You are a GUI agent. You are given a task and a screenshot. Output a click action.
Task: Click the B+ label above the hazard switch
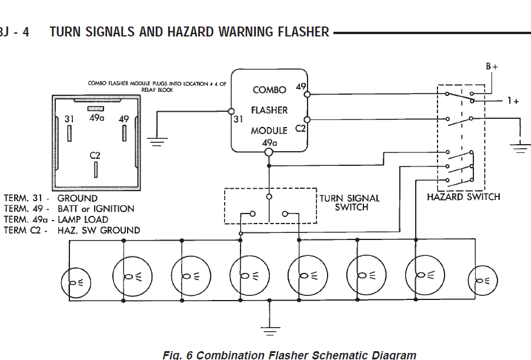(x=492, y=67)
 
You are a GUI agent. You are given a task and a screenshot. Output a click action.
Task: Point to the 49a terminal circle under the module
(x=269, y=153)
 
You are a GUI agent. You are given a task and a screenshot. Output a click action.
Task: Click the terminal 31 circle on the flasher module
(x=231, y=111)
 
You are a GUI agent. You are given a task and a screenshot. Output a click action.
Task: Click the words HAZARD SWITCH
(x=463, y=196)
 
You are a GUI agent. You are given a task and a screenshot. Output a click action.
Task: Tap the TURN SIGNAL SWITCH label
(x=349, y=202)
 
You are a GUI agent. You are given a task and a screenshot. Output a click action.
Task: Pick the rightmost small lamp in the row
(x=482, y=281)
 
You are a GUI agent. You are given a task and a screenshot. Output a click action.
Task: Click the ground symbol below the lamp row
(x=269, y=330)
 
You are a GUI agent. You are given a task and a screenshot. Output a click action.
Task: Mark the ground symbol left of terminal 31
(x=156, y=141)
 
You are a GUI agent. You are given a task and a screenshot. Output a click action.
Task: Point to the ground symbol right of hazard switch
(x=520, y=148)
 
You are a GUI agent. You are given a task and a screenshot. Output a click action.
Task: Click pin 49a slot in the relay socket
(x=97, y=109)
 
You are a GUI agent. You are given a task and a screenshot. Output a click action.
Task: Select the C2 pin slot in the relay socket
(x=96, y=169)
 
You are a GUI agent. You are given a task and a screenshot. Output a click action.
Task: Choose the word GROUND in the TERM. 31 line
(x=78, y=198)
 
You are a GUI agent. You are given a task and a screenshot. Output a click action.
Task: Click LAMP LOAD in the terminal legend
(x=82, y=219)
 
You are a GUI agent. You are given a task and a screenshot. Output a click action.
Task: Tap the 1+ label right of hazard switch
(x=513, y=101)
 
